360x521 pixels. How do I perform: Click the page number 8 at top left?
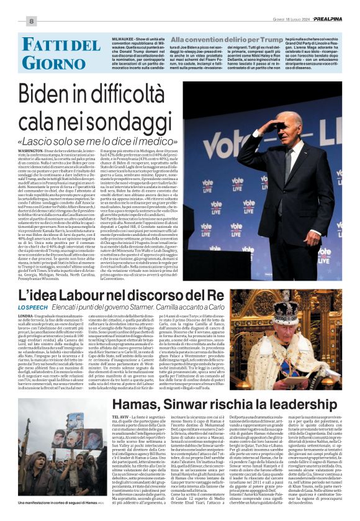30,20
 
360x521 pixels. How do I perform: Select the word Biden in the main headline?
57,95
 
